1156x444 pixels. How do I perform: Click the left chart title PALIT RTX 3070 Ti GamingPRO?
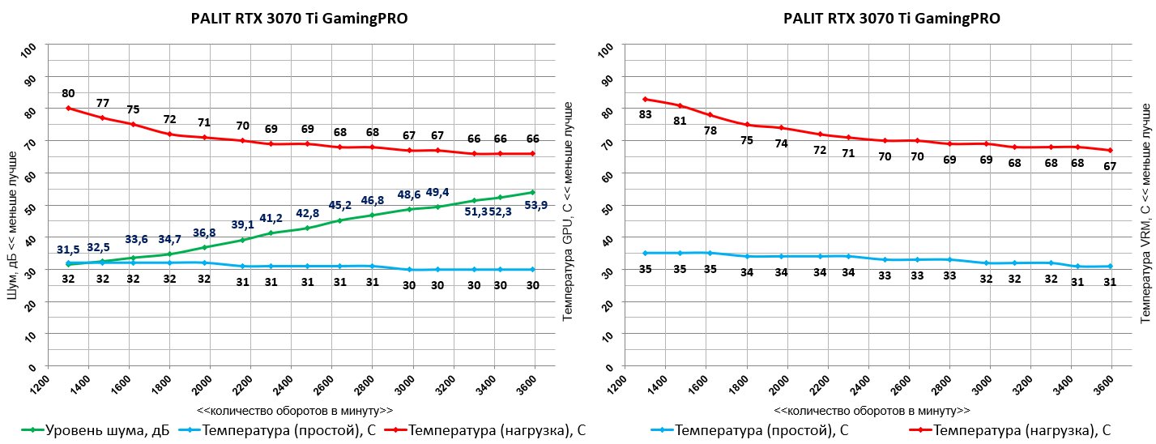tap(300, 19)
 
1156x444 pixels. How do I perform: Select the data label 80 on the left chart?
tap(68, 93)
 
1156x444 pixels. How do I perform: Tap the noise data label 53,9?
tap(535, 205)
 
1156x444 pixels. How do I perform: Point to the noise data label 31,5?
tap(68, 250)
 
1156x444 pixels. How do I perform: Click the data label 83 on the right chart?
tap(646, 114)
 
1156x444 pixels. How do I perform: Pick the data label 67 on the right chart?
tap(1110, 165)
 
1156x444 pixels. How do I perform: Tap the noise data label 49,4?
tap(438, 192)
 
